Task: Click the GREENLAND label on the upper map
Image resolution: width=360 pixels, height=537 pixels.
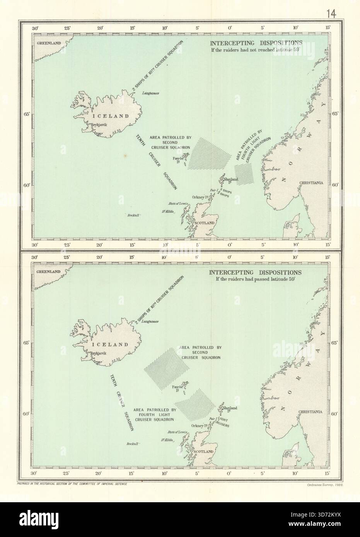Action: [49, 43]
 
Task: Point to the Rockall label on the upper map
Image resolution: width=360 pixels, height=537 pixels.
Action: [133, 216]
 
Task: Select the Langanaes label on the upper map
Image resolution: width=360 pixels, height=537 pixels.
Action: [151, 93]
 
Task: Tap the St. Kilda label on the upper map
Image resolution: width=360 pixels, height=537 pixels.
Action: [169, 211]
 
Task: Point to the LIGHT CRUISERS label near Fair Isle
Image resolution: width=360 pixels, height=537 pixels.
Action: [223, 422]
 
